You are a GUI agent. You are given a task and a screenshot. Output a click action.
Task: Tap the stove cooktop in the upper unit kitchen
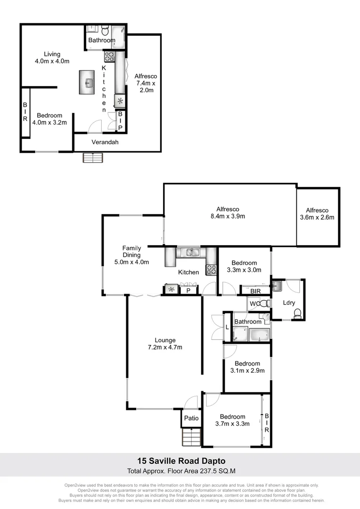tap(109, 57)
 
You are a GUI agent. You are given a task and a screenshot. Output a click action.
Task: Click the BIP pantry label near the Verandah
tap(120, 121)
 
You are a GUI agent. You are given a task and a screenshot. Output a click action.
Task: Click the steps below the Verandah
tap(93, 158)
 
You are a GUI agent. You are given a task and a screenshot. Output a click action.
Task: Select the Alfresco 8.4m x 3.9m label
tap(228, 213)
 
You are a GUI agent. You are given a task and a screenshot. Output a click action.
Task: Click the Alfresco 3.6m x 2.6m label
tap(317, 214)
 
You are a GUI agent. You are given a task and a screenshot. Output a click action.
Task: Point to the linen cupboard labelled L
tap(228, 327)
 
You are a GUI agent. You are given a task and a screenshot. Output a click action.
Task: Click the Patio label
tap(191, 418)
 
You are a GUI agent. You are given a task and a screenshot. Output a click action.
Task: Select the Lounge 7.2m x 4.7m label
tap(165, 344)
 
